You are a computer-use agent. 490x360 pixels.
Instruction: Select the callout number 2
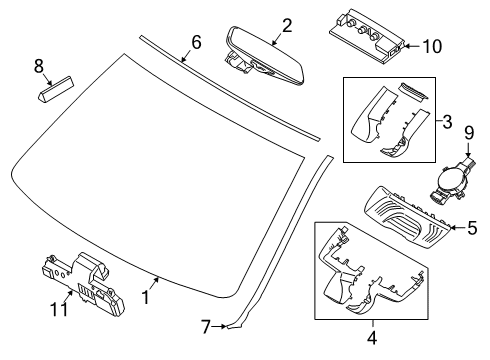[286, 26]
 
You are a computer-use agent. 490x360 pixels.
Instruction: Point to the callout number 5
[471, 228]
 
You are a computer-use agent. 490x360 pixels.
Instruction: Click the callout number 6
[196, 42]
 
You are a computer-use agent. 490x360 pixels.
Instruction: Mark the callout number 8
[39, 66]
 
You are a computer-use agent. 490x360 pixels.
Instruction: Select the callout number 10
[431, 46]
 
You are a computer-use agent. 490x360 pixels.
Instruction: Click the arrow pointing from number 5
[454, 228]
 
